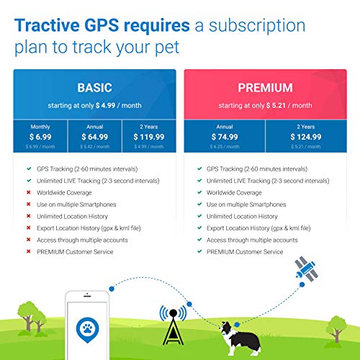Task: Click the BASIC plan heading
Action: [x=94, y=88]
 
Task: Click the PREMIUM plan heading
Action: [x=265, y=88]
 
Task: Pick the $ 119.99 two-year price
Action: [x=148, y=136]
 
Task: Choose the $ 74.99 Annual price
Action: [x=224, y=136]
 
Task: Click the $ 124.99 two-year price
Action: [x=306, y=136]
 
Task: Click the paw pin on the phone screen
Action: [x=86, y=330]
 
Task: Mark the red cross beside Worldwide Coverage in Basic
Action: [x=27, y=192]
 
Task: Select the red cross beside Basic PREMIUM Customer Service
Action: [x=27, y=251]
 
